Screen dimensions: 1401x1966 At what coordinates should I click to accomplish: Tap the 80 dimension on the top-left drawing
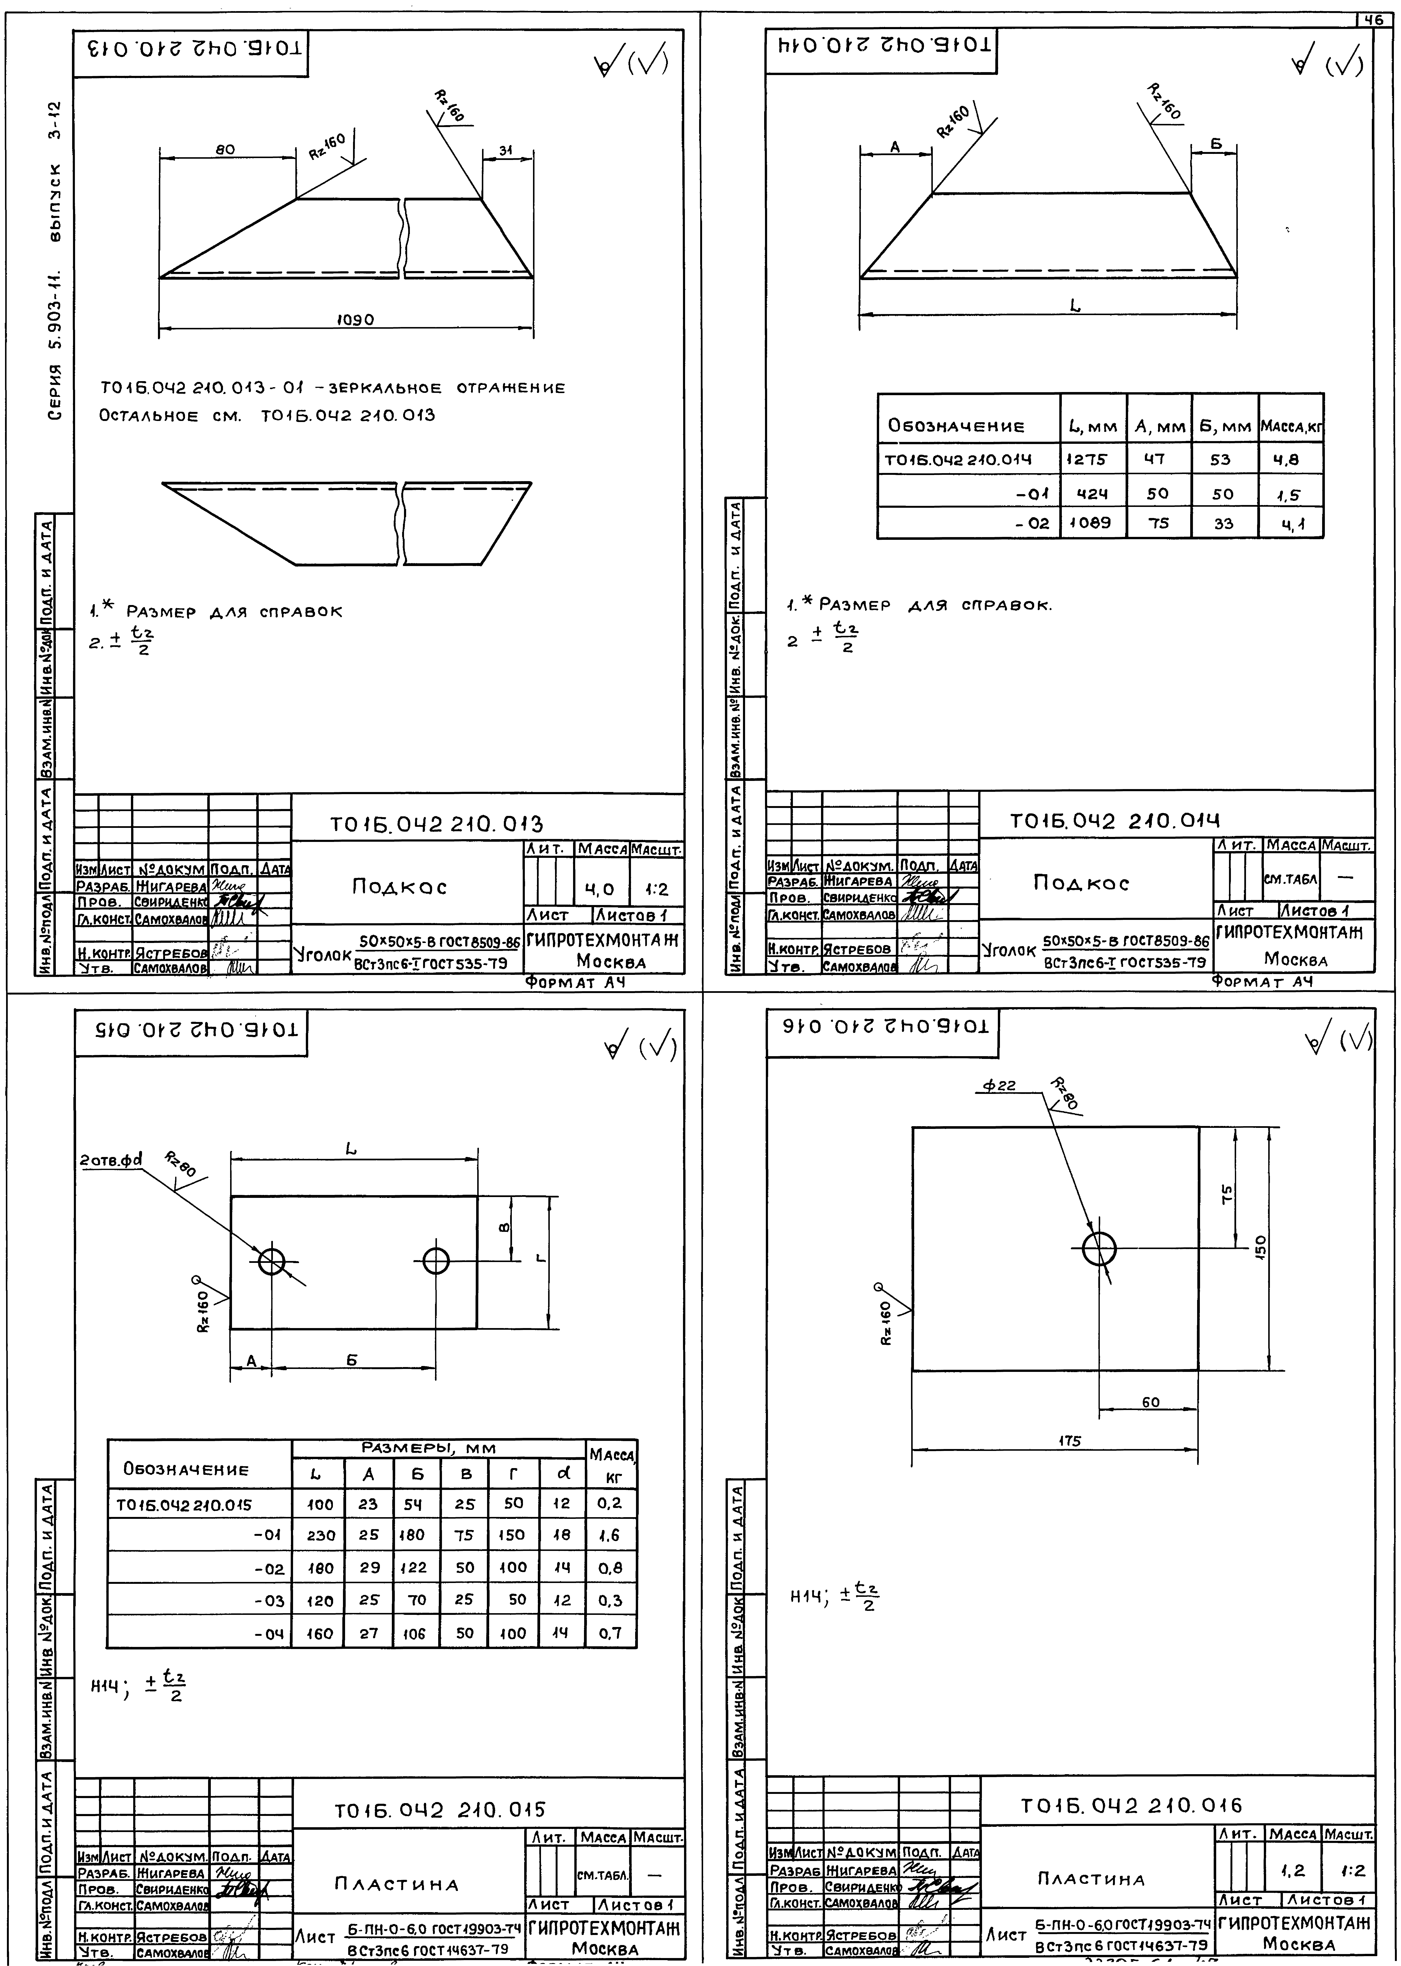[x=225, y=149]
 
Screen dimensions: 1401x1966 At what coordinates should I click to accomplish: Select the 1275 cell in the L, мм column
[x=1092, y=460]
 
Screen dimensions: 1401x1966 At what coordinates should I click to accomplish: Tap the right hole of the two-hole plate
[x=437, y=1261]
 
